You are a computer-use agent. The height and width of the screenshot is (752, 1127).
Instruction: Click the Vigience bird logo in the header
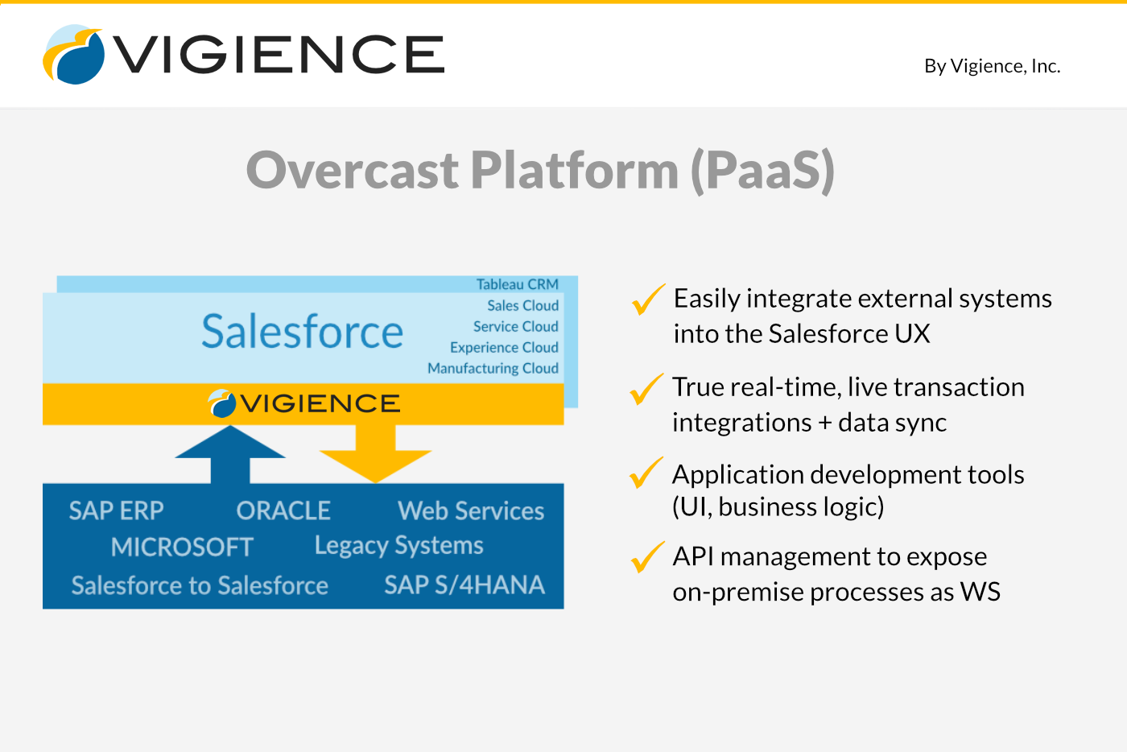(x=73, y=55)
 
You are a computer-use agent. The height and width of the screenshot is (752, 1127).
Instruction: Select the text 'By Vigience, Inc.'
(x=992, y=66)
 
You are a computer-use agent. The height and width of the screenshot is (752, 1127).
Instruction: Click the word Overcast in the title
(x=352, y=170)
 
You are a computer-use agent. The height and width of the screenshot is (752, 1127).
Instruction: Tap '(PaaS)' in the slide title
(x=762, y=170)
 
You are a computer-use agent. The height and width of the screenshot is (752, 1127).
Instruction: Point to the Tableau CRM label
(x=517, y=284)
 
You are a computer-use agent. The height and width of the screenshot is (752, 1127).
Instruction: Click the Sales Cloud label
(x=522, y=305)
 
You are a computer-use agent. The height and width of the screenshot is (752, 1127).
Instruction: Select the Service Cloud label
(x=515, y=326)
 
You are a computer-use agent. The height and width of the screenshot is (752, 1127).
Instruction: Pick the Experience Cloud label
(x=504, y=347)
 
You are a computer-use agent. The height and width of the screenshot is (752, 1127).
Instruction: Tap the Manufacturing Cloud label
(x=493, y=368)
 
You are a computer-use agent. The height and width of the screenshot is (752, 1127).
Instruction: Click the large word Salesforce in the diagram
(x=302, y=332)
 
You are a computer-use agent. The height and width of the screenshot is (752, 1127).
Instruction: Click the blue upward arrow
(x=230, y=454)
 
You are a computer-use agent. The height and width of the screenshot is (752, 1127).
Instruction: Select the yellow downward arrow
(x=376, y=454)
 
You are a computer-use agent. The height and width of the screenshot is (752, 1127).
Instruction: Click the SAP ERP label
(x=116, y=510)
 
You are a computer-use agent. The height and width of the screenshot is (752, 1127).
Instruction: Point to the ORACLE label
(x=283, y=510)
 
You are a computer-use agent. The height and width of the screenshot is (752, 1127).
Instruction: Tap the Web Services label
(x=471, y=510)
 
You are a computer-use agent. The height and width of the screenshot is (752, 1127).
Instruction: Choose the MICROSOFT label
(x=182, y=547)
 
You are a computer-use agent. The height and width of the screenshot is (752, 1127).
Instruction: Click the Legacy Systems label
(x=398, y=546)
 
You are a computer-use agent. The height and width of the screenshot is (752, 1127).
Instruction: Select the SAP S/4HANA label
(x=464, y=585)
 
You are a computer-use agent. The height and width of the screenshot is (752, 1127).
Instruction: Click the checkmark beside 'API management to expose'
(x=647, y=557)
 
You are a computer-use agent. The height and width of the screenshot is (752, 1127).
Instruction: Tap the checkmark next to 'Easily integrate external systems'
(x=648, y=300)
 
